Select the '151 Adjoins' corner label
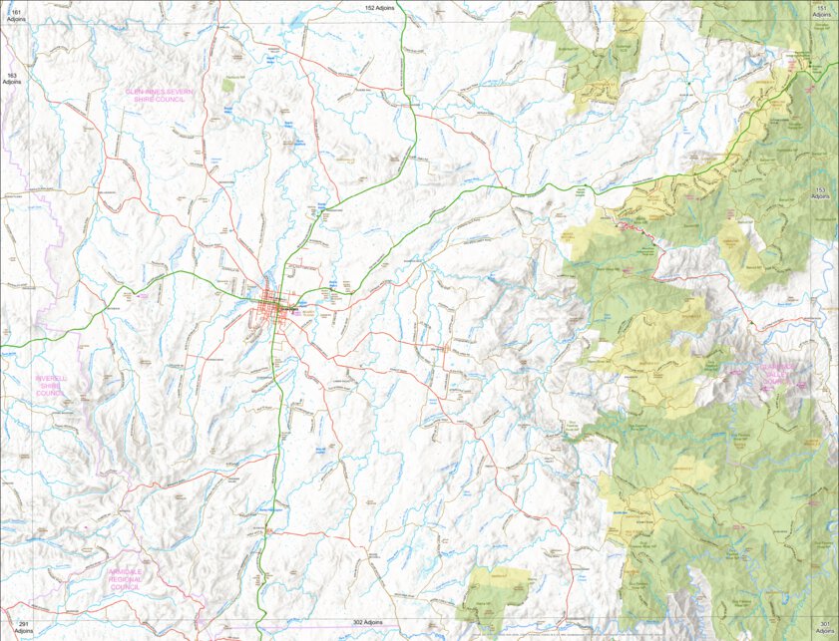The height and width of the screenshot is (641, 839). click(823, 13)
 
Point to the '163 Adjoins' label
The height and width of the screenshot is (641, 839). click(13, 79)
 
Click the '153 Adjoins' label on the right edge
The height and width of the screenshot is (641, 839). click(822, 193)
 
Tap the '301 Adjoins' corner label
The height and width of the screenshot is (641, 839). click(823, 629)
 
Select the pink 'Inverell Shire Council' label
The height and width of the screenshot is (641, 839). click(50, 386)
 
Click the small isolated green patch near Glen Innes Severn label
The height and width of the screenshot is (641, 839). click(228, 86)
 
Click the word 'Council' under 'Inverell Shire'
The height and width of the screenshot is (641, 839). click(50, 394)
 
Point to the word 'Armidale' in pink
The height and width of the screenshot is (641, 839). click(126, 571)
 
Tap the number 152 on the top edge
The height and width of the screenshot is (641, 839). click(370, 7)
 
